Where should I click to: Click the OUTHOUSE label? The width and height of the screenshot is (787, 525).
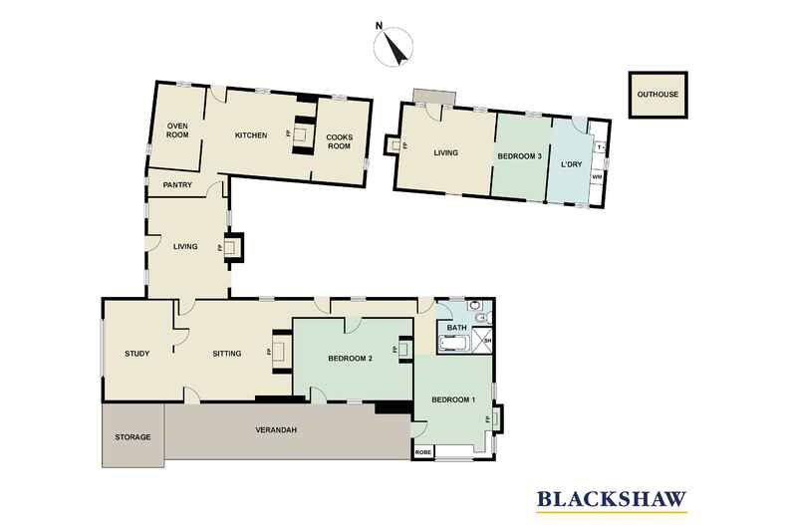point(658,95)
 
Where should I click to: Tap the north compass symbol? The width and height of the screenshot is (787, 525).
point(394,48)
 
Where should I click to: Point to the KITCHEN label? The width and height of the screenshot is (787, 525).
point(250,134)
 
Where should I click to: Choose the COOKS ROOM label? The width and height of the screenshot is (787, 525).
point(341,139)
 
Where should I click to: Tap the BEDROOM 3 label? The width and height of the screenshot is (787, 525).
point(519,156)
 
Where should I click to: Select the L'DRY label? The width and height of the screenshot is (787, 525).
point(571,163)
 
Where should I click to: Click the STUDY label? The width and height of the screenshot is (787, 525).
point(137,354)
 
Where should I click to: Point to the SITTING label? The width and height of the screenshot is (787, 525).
point(227,354)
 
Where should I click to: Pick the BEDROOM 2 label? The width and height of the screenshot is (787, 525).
point(350,359)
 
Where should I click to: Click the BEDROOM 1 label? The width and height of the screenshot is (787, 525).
point(453,400)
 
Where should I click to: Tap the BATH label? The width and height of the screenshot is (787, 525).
point(456,327)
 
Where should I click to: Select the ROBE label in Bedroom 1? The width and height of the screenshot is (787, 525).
point(424,453)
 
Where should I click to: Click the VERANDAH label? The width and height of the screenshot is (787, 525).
point(276,429)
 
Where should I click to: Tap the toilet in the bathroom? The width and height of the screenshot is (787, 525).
point(481,318)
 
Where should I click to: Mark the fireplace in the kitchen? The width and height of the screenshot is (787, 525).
point(300,131)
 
